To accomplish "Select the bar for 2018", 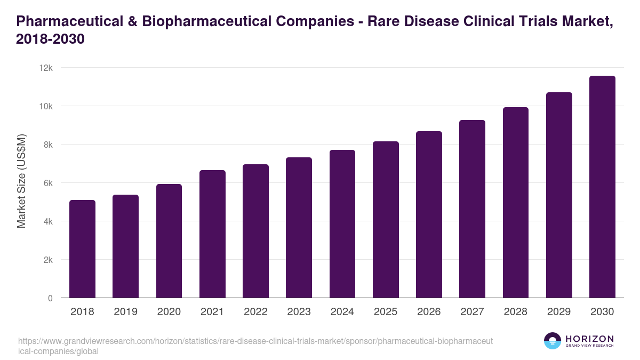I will coord(82,249).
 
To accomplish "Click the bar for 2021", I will coord(212,234).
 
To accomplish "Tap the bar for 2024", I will coord(342,224).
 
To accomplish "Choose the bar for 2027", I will coord(472,209).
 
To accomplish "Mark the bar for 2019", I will coord(125,246).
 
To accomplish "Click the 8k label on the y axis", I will coord(48,145).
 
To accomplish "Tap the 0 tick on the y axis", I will coord(50,298).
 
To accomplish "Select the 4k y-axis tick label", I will coord(48,221).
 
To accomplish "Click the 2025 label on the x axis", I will coord(386,312).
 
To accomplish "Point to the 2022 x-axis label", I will coord(255,312).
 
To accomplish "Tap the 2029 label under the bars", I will coord(559,312).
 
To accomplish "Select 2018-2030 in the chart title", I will coord(51,40).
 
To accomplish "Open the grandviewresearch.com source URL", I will coord(256,346).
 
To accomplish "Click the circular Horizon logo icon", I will coord(553,341).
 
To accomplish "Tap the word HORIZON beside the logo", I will coord(589,339).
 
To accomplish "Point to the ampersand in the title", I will coord(132,22).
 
